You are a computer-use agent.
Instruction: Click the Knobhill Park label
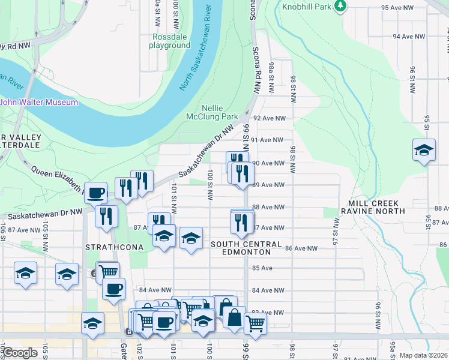[x=308, y=8]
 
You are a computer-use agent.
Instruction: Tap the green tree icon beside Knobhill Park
[x=340, y=5]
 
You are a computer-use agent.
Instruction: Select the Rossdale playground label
[x=169, y=41]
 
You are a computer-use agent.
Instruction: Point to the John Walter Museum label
[x=39, y=102]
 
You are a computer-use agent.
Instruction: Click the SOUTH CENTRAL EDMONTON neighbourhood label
[x=246, y=248]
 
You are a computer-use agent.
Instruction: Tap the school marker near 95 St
[x=424, y=150]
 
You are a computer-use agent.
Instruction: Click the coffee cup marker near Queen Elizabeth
[x=96, y=193]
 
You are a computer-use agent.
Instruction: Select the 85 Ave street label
[x=262, y=268]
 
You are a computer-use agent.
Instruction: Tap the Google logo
[x=20, y=353]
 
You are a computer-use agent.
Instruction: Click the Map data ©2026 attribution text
[x=423, y=355]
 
